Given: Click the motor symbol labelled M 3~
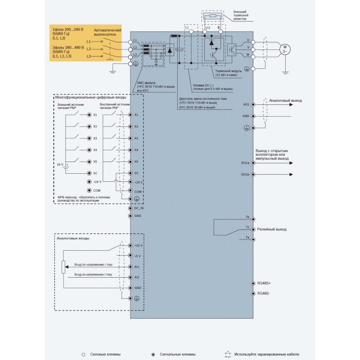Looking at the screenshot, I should (x=284, y=49).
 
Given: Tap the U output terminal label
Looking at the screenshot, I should (x=248, y=40).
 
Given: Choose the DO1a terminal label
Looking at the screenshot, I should (x=245, y=163).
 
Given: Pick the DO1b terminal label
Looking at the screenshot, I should (x=245, y=174).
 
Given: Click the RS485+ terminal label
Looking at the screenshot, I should (x=264, y=283).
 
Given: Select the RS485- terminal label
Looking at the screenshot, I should (x=264, y=293).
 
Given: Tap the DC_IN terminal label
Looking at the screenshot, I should (x=139, y=208).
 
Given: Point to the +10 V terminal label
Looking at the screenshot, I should (x=138, y=245).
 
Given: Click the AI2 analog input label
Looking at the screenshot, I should (x=137, y=277).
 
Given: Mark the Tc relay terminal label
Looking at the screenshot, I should (x=247, y=227).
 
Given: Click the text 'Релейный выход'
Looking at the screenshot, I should (x=271, y=229).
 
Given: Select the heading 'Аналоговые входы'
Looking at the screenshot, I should (x=73, y=238).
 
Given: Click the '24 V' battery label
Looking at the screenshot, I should (x=59, y=165).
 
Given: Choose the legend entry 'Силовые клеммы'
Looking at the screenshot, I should (x=104, y=355).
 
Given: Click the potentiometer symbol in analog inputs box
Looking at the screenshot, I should (x=63, y=266).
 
